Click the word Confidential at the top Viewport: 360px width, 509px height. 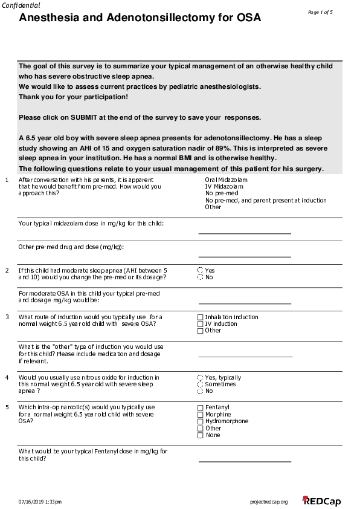coord(21,5)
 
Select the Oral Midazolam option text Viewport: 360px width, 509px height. coord(226,180)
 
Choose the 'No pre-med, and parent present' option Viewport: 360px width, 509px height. coord(266,200)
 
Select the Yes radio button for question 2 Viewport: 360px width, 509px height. coord(201,271)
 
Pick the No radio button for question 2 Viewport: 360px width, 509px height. coord(201,277)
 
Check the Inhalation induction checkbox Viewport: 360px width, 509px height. coord(201,317)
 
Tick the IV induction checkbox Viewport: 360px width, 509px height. coord(201,324)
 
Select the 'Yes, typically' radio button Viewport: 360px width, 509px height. coord(201,378)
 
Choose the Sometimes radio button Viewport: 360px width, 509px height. coord(201,384)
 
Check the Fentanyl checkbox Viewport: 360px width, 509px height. coord(201,408)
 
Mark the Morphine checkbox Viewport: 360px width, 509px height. coord(201,415)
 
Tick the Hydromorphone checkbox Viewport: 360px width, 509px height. coord(201,421)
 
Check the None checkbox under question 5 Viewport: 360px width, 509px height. coord(201,435)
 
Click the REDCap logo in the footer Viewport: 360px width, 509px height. coord(322,501)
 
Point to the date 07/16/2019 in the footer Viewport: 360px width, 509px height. coord(32,502)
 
